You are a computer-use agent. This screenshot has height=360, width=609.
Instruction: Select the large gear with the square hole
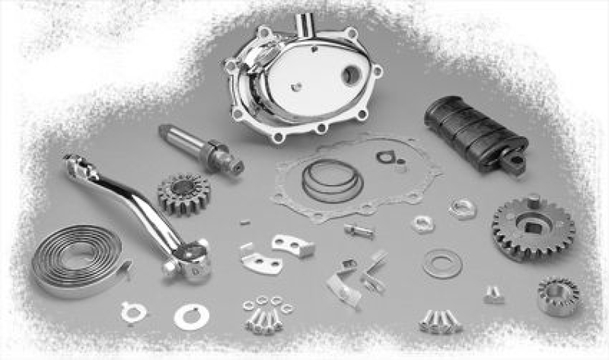532,227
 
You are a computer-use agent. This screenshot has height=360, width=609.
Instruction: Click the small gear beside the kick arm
183,193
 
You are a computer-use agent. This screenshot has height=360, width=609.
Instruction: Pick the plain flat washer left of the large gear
442,263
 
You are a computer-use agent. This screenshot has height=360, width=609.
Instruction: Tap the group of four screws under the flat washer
440,320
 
